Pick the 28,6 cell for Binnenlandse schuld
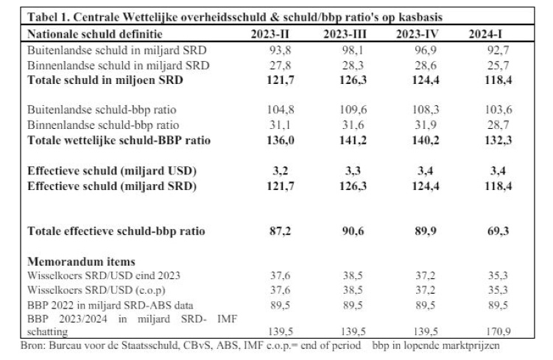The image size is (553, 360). coord(417,66)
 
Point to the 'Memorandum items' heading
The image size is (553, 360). coord(81,261)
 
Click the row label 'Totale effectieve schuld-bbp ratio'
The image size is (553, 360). coord(116,231)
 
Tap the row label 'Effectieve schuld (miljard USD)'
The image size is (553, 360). coord(111,172)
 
